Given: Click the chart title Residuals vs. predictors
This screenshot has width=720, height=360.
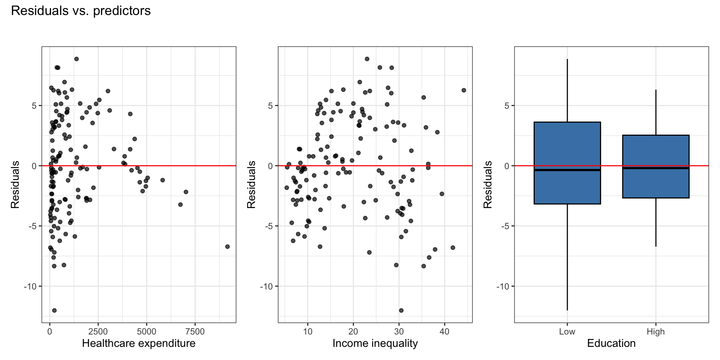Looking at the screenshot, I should pos(81,11).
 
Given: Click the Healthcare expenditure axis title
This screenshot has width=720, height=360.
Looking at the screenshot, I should pos(138,343).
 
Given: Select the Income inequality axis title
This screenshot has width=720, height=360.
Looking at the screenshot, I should pos(375,343).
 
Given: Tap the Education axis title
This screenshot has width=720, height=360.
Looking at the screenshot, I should pos(611,343).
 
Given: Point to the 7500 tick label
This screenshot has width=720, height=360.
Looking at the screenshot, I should pos(195,331).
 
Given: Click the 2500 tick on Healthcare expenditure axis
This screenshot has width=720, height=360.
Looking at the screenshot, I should pos(98,331).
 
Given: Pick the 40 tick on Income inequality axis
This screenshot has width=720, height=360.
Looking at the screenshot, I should pos(444,331).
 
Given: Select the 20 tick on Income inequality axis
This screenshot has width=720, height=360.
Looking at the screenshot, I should pos(353,331).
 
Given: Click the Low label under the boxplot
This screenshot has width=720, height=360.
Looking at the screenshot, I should pos(567,331).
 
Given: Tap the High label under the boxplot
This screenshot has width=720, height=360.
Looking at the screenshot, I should pos(655,331).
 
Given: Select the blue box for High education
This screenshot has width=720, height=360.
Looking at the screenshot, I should pos(655,184).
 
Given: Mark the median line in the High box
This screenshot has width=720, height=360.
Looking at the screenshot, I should pos(655,168).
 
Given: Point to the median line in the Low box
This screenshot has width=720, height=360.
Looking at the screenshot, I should pos(567,170).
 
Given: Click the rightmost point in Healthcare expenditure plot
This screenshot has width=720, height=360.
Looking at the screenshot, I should pos(227,246).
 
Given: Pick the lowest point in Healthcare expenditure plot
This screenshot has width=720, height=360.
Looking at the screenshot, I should pos(54,310).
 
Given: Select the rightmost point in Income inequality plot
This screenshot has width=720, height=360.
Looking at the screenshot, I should pos(463,90).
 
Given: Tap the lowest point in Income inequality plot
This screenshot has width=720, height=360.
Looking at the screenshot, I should pos(401,310).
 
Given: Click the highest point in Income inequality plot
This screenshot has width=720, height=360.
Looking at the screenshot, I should pos(367,59).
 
